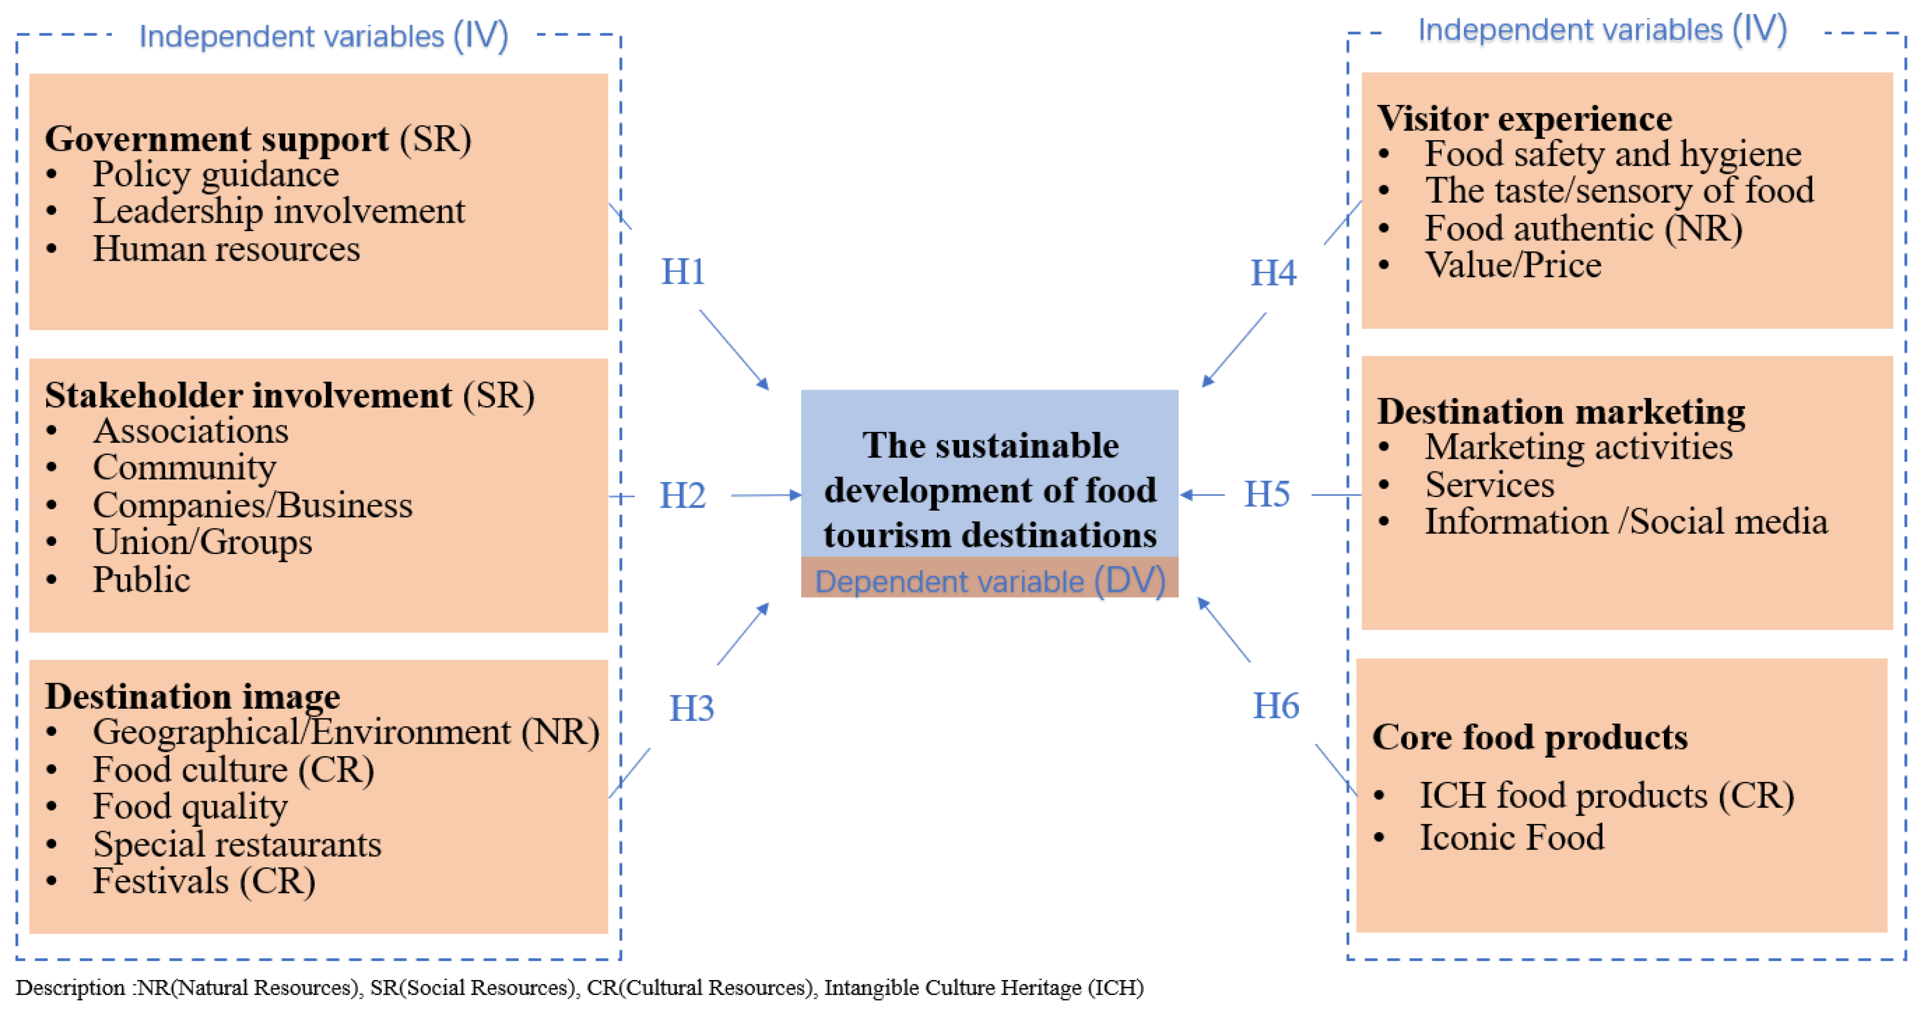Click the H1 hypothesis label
coord(683,271)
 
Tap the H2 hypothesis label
coord(682,496)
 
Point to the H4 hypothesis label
coord(1273,273)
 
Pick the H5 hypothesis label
coord(1267,494)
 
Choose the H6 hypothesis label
coord(1275,706)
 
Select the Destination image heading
coord(192,696)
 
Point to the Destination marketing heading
coord(1561,411)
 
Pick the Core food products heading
coord(1529,737)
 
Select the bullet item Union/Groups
coord(202,542)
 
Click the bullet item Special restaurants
coord(236,845)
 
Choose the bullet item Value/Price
coord(1513,265)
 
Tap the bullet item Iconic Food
coord(1511,838)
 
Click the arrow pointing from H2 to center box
coord(766,495)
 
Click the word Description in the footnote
coord(70,988)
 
